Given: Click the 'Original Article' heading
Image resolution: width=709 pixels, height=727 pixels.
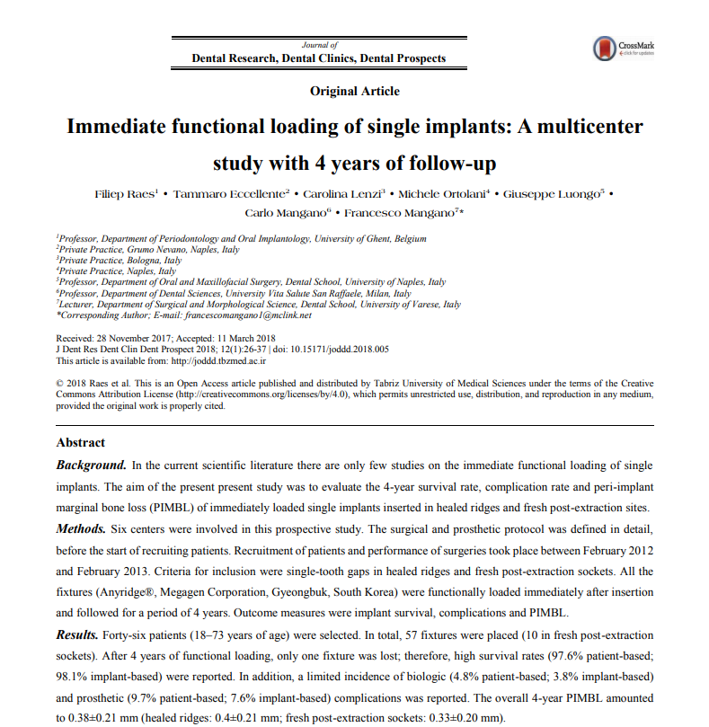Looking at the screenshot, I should click(355, 91).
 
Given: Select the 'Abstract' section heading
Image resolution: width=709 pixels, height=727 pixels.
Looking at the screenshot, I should click(81, 443).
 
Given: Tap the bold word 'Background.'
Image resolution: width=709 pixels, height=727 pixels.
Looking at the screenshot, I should click(92, 465).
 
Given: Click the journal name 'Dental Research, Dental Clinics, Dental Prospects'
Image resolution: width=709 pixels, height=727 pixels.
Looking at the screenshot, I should click(319, 58).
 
